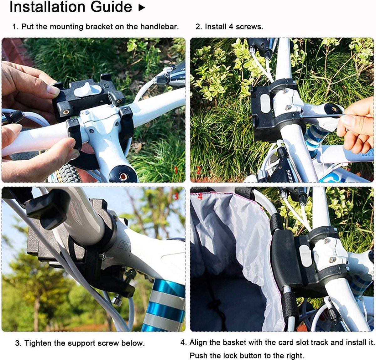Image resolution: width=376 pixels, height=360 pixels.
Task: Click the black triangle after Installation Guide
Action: coord(142,8)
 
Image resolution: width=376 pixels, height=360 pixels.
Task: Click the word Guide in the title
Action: coord(111,7)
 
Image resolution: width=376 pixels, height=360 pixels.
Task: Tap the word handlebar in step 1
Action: coord(159,27)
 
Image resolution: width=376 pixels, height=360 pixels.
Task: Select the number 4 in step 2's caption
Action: coord(231,27)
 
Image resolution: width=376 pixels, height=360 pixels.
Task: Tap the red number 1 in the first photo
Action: coord(176,170)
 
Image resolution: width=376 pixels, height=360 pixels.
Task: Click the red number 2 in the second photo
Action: coord(199,170)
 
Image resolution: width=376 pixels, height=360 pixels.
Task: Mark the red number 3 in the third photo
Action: coord(176,196)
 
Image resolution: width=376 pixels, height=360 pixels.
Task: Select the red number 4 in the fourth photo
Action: coord(200,197)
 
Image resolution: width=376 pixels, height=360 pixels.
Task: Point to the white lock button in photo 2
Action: coord(265,104)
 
